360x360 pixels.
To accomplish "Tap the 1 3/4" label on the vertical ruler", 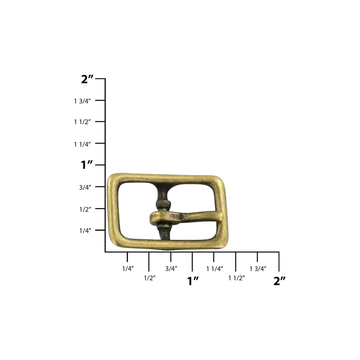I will (x=82, y=101).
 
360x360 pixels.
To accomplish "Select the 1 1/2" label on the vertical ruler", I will (x=82, y=122).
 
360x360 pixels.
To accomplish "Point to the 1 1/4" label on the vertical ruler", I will (x=82, y=144).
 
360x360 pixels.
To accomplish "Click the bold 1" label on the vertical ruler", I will (x=87, y=165).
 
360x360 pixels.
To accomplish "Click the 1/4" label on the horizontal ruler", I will (x=128, y=269).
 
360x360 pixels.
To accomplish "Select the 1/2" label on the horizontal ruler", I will (x=150, y=278).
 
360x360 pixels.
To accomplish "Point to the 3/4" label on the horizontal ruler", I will (x=171, y=269).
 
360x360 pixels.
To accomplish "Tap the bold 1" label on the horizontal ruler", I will (x=193, y=281).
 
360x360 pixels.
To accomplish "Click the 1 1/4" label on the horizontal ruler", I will (x=215, y=269).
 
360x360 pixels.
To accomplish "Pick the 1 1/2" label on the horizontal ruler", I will (x=236, y=278).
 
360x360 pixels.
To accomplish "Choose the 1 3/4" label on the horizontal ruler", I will (x=258, y=269).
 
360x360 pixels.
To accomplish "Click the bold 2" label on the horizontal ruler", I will (x=280, y=281).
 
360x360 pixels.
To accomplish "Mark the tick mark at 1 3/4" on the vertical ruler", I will (x=101, y=100).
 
